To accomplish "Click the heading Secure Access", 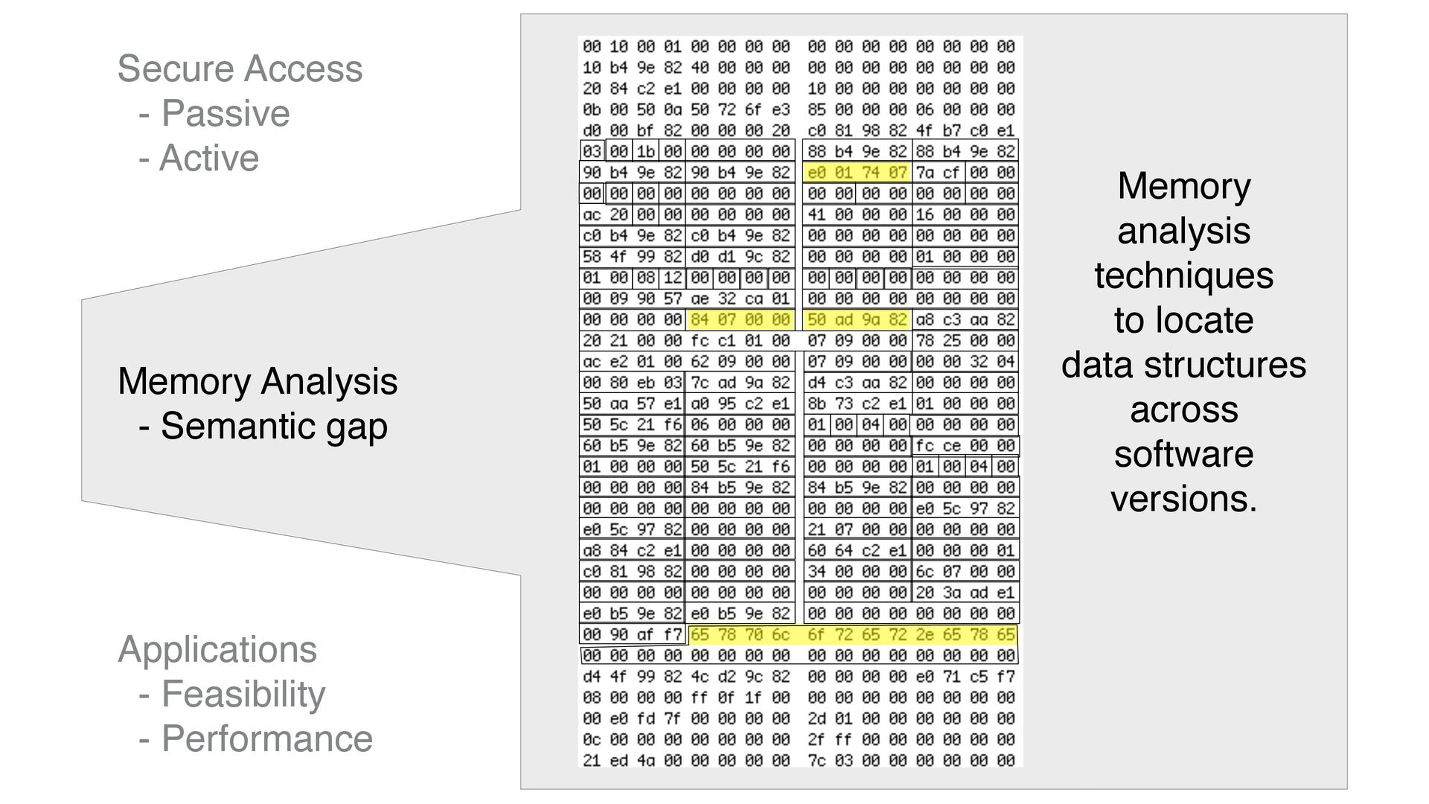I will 240,68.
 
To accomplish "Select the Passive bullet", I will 225,113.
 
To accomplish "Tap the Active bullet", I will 209,158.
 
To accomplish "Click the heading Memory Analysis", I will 258,381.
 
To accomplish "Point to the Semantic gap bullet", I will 273,426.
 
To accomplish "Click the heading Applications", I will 217,649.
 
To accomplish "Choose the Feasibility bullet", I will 243,694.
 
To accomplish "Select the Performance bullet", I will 266,738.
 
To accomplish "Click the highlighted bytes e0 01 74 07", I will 857,173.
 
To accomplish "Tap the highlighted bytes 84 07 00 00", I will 740,320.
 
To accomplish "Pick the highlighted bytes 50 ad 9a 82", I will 857,320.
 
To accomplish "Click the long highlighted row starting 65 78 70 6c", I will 852,635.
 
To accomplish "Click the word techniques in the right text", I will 1183,275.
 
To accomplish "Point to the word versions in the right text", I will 1183,499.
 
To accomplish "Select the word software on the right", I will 1183,454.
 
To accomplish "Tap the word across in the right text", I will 1183,409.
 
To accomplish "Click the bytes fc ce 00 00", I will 965,446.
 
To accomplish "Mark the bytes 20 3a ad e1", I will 965,593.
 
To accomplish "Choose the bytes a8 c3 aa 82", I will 965,320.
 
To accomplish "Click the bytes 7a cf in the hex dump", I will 938,173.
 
